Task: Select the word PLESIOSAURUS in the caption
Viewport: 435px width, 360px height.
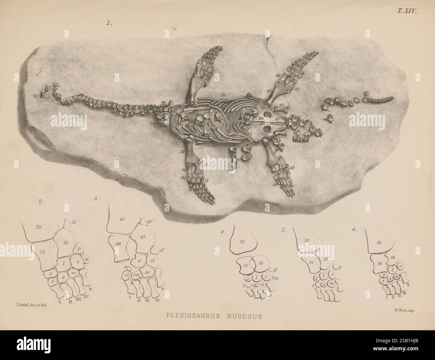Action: [x=192, y=315]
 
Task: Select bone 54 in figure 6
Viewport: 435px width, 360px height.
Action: [x=379, y=263]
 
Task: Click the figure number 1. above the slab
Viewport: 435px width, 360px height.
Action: [x=108, y=24]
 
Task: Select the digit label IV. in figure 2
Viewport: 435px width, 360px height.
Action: [x=87, y=296]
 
